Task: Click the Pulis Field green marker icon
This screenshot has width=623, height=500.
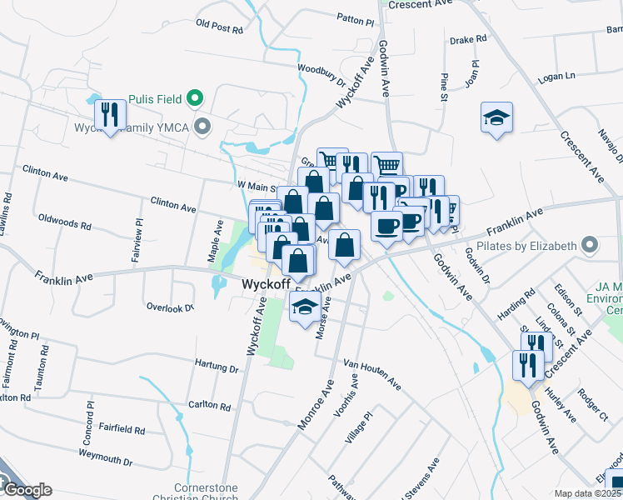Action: click(x=196, y=98)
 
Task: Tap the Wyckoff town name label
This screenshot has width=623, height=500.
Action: click(x=265, y=284)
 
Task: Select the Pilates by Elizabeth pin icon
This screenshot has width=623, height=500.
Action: click(x=591, y=246)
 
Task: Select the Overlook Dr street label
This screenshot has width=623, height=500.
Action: click(x=170, y=307)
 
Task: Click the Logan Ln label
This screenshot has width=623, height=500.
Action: click(x=557, y=77)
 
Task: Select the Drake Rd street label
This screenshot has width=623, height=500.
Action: click(x=467, y=39)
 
